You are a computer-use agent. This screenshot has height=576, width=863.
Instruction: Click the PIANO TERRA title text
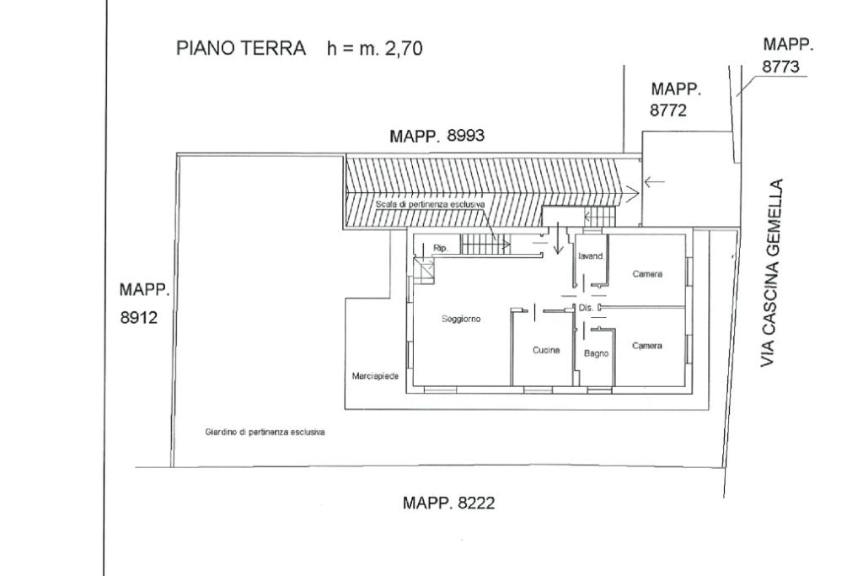pyautogui.click(x=240, y=48)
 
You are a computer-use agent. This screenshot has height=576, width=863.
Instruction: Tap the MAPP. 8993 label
pyautogui.click(x=437, y=137)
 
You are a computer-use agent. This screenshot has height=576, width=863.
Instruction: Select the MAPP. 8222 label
pyautogui.click(x=448, y=503)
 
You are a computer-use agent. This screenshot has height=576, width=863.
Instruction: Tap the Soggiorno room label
pyautogui.click(x=461, y=319)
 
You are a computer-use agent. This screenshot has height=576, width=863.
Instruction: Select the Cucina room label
pyautogui.click(x=546, y=351)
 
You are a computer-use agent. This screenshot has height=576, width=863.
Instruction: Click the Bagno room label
pyautogui.click(x=596, y=353)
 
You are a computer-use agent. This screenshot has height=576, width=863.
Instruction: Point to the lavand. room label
pyautogui.click(x=592, y=256)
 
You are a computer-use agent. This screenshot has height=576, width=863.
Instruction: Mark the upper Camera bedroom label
pyautogui.click(x=647, y=274)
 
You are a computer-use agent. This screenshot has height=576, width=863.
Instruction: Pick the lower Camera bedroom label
pyautogui.click(x=647, y=346)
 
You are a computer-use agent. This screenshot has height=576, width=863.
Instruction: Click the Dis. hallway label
pyautogui.click(x=586, y=309)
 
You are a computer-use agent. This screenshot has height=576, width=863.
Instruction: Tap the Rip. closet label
pyautogui.click(x=439, y=248)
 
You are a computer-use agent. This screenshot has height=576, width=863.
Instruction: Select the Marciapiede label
pyautogui.click(x=375, y=376)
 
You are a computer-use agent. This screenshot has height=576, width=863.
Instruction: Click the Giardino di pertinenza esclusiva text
pyautogui.click(x=265, y=432)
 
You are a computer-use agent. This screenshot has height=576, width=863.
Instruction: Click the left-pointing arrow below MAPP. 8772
pyautogui.click(x=653, y=180)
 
